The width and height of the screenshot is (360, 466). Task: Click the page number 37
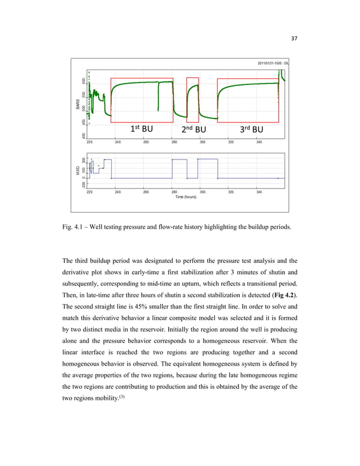pyautogui.click(x=293, y=38)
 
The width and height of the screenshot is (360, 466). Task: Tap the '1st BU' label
pyautogui.click(x=141, y=129)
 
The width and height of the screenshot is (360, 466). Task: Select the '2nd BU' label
pyautogui.click(x=194, y=129)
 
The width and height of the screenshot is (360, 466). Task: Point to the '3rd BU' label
pyautogui.click(x=252, y=129)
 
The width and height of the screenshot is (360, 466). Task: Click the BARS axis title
pyautogui.click(x=78, y=104)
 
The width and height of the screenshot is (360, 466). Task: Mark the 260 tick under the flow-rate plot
pyautogui.click(x=146, y=192)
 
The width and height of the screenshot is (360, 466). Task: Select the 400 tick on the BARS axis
pyautogui.click(x=84, y=135)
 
